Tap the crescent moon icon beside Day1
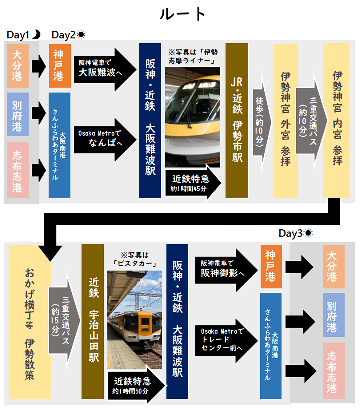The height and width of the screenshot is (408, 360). point(36,35)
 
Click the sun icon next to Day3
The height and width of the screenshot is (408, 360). point(309,233)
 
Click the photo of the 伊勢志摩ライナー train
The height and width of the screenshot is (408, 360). point(192,117)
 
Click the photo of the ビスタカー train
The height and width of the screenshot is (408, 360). point(134,320)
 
